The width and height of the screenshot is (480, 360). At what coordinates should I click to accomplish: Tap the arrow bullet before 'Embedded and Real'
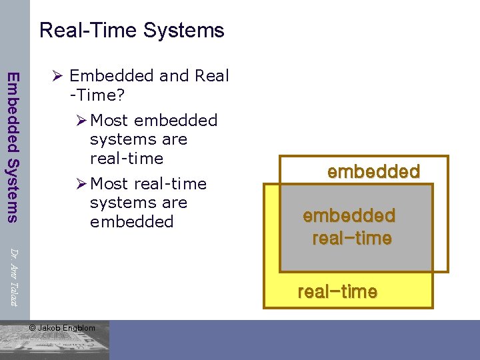coord(57,76)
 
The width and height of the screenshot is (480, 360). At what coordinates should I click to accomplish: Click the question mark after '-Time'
coord(120,95)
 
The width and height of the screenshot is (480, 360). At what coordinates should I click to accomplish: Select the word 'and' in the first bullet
coord(174,76)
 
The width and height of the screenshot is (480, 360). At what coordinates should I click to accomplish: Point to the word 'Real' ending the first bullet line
coord(212,76)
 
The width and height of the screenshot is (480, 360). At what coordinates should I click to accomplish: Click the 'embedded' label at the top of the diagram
coord(373,171)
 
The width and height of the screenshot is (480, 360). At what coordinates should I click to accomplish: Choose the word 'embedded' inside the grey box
coord(349,215)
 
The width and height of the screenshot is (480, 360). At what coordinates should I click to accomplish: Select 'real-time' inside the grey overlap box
coord(351,238)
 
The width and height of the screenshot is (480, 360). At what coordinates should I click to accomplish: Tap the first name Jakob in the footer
coord(49,327)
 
